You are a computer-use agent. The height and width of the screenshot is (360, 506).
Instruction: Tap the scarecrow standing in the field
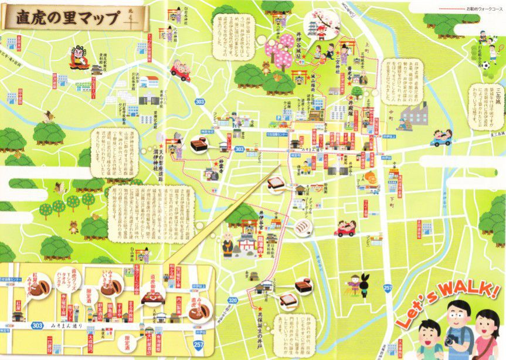click(x=357, y=284)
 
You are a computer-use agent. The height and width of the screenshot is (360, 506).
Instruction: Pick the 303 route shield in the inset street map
click(x=38, y=324)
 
